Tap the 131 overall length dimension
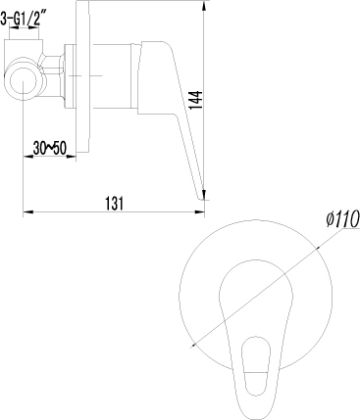[x=115, y=204]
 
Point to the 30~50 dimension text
[x=50, y=149]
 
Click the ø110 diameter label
[x=342, y=219]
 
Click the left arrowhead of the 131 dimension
[x=28, y=212]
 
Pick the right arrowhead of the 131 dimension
[x=199, y=212]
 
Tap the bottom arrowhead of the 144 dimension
[x=204, y=194]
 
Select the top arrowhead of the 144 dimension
[x=204, y=6]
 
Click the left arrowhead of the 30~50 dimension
[x=28, y=157]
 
